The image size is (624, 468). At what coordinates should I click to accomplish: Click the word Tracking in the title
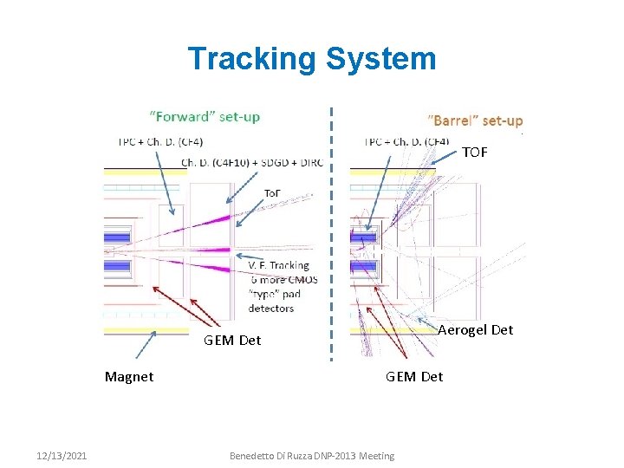tap(252, 59)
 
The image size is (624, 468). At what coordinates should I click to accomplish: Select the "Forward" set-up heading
tap(205, 116)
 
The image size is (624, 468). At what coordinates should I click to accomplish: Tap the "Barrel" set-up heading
tap(476, 120)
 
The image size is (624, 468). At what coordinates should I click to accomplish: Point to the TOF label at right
tap(474, 153)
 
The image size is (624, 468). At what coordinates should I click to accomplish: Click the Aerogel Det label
tap(475, 329)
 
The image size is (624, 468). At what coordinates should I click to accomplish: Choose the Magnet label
tap(129, 376)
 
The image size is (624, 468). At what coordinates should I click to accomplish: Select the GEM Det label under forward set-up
tap(232, 340)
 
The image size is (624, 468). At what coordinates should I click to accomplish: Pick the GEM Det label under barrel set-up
tap(414, 376)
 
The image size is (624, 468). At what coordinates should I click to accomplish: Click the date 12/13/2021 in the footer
tap(62, 456)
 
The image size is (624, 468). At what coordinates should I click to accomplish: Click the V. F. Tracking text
tap(278, 265)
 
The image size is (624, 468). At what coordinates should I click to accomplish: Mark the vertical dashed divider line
tap(331, 234)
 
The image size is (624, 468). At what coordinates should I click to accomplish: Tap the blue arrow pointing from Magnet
tap(146, 345)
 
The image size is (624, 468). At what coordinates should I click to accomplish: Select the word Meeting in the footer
tap(377, 456)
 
